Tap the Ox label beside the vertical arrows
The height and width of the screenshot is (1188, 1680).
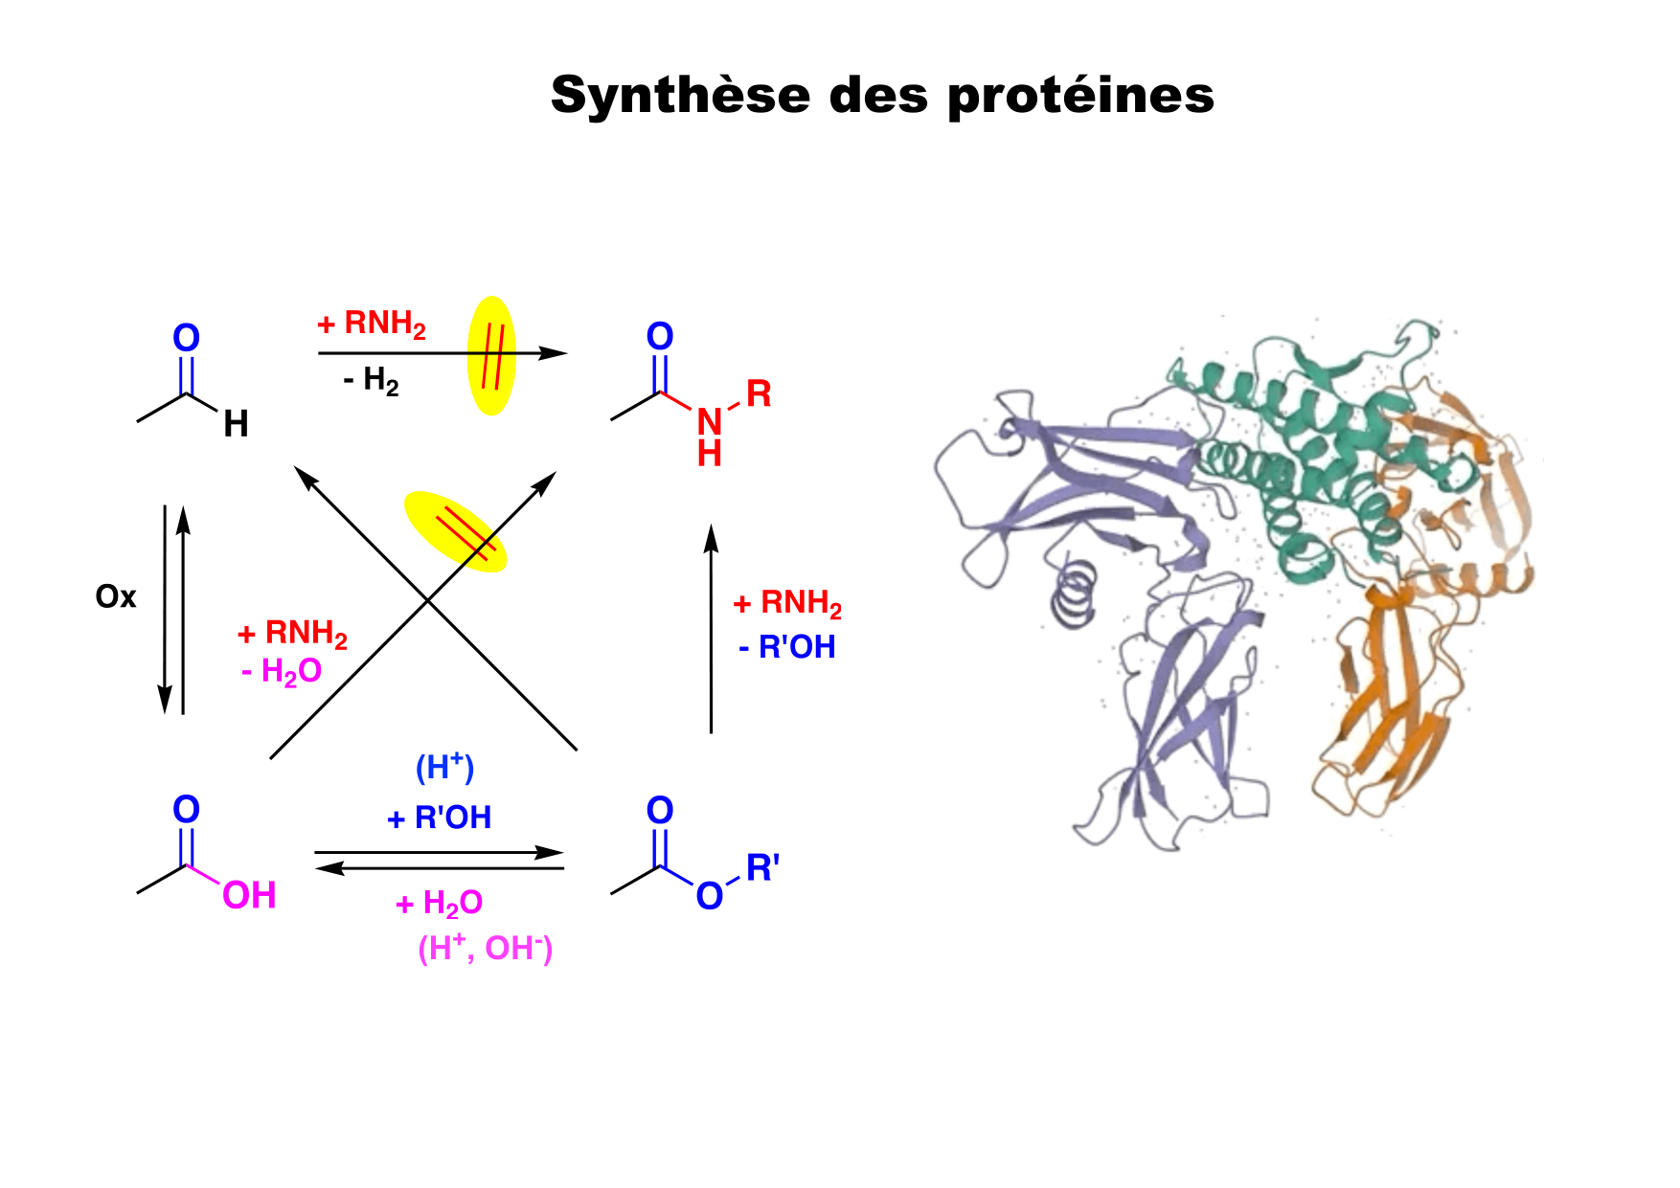(116, 597)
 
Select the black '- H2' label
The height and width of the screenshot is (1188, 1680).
(371, 382)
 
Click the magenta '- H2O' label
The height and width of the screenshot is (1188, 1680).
(282, 672)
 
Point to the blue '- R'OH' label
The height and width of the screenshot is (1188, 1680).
(787, 647)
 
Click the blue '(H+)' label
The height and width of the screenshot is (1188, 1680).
(444, 767)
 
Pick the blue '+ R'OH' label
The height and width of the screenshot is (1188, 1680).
(440, 818)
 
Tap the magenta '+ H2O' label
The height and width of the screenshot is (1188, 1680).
(440, 903)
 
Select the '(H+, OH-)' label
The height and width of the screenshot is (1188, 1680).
(486, 948)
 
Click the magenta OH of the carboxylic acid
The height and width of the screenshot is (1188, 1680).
(249, 896)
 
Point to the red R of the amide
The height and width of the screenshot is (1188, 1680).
(759, 392)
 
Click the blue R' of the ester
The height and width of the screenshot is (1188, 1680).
(762, 868)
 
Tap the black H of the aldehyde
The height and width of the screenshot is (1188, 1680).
(236, 424)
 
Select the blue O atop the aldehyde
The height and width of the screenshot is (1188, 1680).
(186, 338)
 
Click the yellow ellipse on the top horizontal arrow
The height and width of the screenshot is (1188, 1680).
(491, 355)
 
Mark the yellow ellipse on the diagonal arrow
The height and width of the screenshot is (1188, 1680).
(455, 531)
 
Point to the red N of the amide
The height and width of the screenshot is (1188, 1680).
(709, 421)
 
